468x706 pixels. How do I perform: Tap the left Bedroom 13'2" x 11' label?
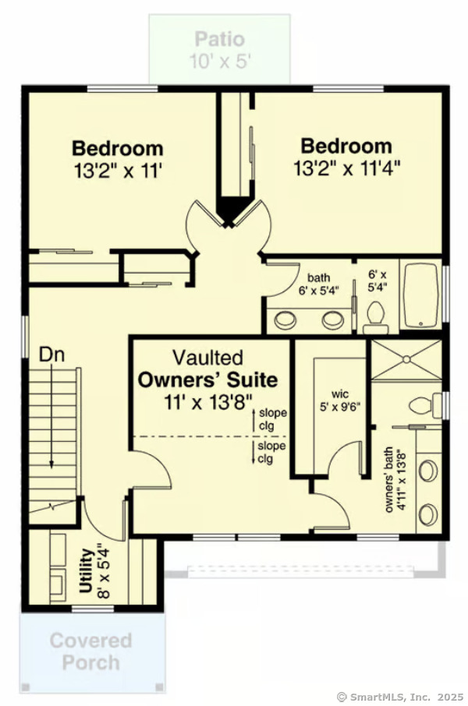tap(118, 157)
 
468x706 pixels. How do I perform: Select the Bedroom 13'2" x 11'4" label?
tap(346, 156)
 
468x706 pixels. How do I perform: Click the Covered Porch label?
tap(91, 651)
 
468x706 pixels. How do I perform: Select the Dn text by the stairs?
tap(51, 355)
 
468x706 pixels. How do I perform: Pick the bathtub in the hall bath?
tap(420, 296)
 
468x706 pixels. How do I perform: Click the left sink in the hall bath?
tap(285, 319)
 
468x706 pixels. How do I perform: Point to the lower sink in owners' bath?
tap(428, 514)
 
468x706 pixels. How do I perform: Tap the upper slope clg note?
tap(271, 418)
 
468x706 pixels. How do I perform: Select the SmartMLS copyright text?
tap(399, 697)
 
